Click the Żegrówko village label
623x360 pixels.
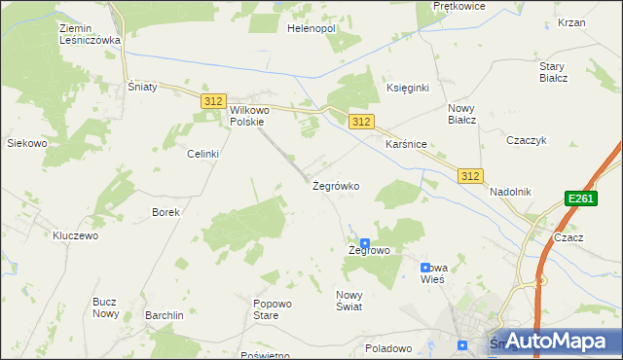pos(336,185)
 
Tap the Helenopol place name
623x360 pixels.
pos(311,29)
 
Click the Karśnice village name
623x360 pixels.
pos(406,143)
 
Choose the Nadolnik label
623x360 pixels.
pos(510,192)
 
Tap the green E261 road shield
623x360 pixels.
pos(580,198)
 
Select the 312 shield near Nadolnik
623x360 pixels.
pos(471,175)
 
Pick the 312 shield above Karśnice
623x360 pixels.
pos(360,121)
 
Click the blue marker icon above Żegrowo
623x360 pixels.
pos(365,244)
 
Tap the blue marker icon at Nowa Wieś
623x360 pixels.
pos(424,267)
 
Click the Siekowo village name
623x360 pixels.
pos(27,143)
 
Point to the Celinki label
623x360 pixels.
pos(203,154)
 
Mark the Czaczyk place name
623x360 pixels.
pos(524,140)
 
